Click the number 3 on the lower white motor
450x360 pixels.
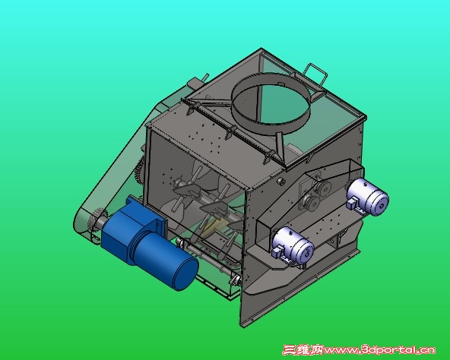[308, 252]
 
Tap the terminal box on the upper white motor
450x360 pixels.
[352, 203]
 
